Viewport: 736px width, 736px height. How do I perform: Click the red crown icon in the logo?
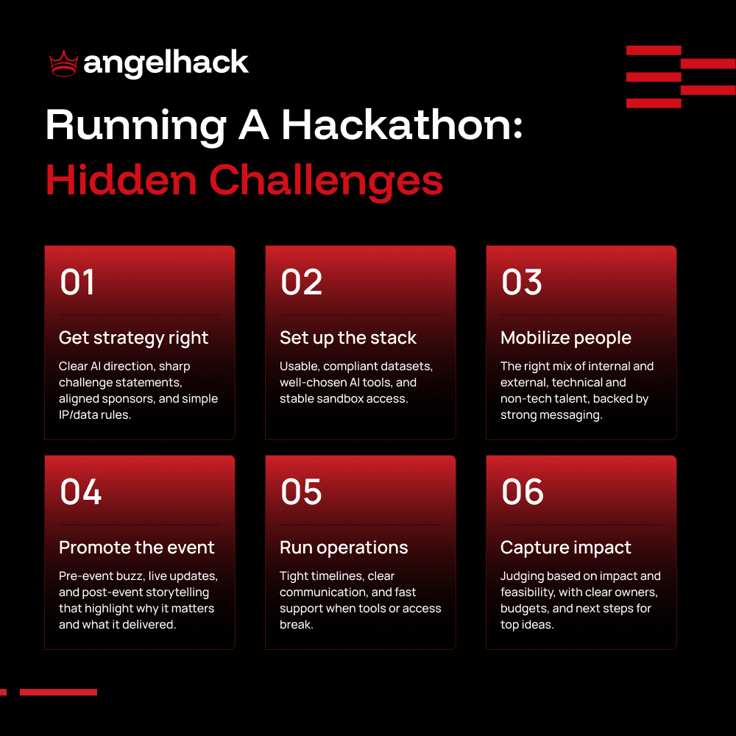click(63, 64)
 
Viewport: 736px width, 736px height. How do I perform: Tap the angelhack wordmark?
click(166, 64)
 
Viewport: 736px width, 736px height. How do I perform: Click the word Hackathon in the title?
click(402, 126)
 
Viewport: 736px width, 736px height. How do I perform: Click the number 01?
click(77, 283)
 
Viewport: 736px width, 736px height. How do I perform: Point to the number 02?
click(301, 283)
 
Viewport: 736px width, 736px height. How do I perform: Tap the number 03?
click(522, 283)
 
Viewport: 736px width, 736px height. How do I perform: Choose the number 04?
click(80, 492)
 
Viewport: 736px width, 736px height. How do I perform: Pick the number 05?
click(301, 492)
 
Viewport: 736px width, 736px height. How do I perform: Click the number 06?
click(523, 492)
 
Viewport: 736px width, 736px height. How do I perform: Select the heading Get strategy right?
click(133, 338)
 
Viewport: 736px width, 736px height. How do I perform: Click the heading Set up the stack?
click(348, 338)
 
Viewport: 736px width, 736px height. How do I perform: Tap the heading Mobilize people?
click(566, 338)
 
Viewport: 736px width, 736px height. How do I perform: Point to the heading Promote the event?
click(137, 548)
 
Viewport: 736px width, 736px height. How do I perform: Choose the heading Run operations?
click(344, 548)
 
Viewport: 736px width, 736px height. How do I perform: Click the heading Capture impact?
click(566, 548)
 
